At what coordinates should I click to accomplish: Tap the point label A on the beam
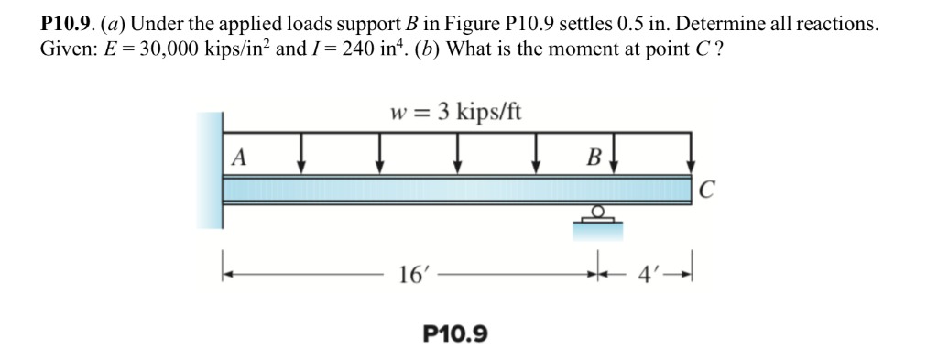coord(239,157)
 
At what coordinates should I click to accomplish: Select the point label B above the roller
coord(593,157)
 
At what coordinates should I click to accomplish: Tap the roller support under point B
coord(596,215)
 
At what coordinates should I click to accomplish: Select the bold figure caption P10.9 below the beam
coord(455,333)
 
